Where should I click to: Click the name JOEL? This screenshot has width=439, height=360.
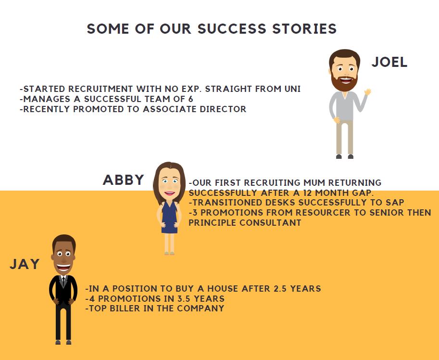click(x=389, y=62)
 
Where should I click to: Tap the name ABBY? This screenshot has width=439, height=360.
click(x=124, y=180)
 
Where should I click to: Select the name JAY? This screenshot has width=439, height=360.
click(x=25, y=264)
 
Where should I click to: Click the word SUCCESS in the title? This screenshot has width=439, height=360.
click(x=232, y=29)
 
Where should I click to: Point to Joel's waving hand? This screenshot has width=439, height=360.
click(x=368, y=92)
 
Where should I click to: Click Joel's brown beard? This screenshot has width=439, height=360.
click(x=344, y=83)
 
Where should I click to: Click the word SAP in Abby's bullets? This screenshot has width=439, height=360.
click(x=395, y=202)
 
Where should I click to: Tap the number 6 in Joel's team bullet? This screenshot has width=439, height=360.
click(x=190, y=99)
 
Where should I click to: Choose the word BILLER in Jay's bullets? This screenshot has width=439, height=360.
click(x=125, y=308)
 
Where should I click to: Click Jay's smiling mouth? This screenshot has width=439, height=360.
click(x=63, y=267)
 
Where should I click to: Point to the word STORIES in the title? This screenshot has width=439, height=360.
click(x=305, y=29)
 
